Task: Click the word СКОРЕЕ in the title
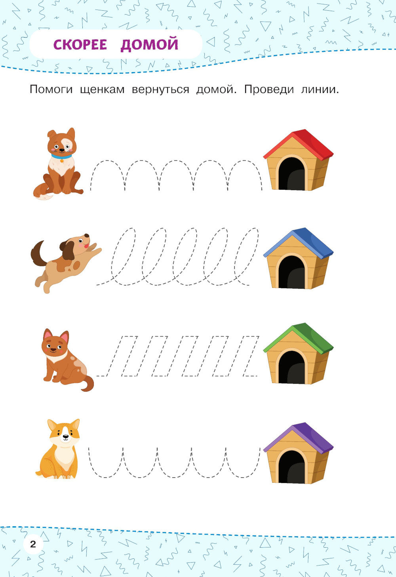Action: [80, 45]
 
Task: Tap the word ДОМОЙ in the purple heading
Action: [149, 44]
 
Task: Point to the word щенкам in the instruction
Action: [102, 90]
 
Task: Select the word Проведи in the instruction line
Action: [269, 90]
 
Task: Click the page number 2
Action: [33, 544]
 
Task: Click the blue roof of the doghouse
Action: [299, 242]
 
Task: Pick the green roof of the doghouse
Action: [299, 338]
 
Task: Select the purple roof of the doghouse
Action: [299, 438]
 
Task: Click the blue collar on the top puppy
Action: [61, 156]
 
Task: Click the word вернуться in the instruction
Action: [160, 90]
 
